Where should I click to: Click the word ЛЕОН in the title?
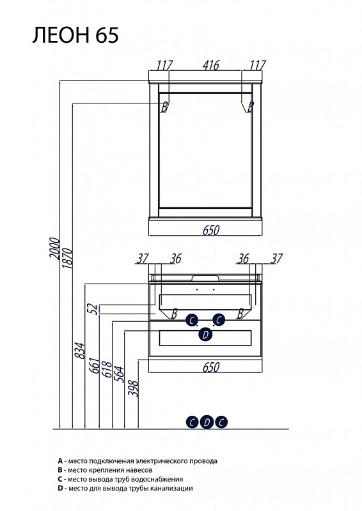point(61,35)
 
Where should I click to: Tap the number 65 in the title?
point(107,35)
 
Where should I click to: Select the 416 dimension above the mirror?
point(211,65)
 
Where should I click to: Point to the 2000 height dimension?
point(55,248)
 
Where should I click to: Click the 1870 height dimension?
point(67,258)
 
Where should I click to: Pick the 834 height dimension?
point(80,350)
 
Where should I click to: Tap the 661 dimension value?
point(94,365)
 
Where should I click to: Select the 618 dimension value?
point(107,369)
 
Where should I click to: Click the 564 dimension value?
point(119,374)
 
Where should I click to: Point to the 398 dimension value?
point(133,388)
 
